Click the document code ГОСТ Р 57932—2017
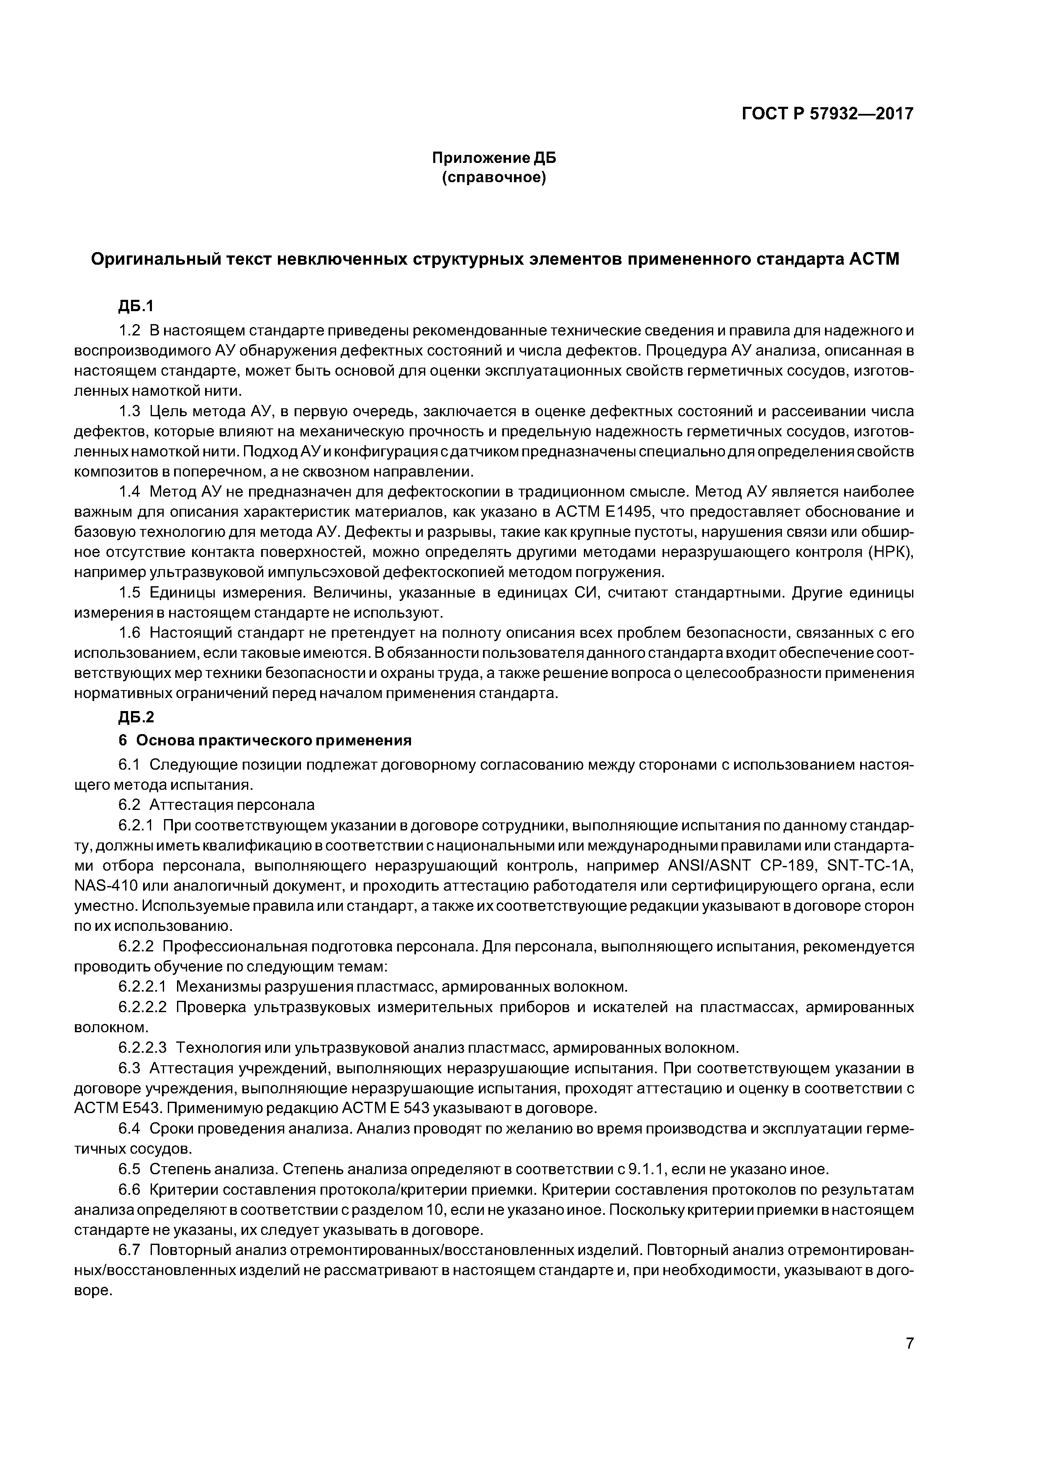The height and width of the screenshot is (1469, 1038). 827,114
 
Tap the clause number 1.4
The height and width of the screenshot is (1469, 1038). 129,492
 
